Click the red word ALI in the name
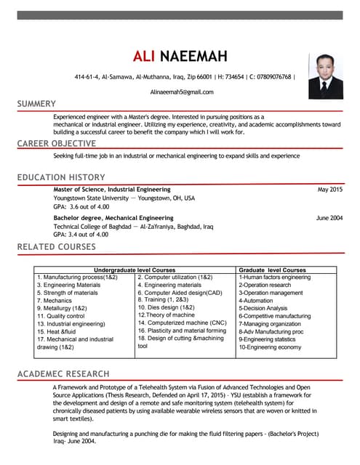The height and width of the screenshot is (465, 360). [144, 57]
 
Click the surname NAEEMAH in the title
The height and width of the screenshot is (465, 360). [193, 57]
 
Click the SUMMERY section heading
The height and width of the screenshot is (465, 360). [36, 104]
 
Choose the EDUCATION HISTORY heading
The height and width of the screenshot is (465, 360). [62, 178]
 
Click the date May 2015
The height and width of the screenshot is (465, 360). [329, 190]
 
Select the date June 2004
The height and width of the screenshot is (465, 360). [329, 218]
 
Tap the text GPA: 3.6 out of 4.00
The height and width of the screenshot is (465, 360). [81, 206]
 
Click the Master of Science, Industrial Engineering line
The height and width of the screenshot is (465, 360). [112, 190]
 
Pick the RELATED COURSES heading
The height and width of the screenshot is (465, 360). [56, 247]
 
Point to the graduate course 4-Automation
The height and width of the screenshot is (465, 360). [255, 300]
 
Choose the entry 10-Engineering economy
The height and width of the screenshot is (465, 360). [270, 347]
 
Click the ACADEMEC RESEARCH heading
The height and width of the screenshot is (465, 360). [64, 373]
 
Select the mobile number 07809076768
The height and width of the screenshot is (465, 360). [272, 77]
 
